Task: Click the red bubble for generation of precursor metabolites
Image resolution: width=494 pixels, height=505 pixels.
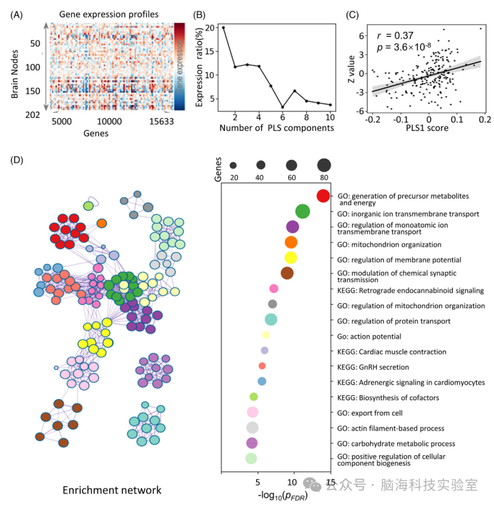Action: pyautogui.click(x=323, y=196)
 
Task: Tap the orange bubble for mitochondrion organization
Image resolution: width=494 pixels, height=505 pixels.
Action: pyautogui.click(x=291, y=242)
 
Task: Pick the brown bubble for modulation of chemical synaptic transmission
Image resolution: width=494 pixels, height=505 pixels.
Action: pyautogui.click(x=287, y=273)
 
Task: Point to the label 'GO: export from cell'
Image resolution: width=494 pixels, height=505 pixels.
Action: pyautogui.click(x=370, y=413)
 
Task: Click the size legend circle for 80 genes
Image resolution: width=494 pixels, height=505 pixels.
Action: pyautogui.click(x=324, y=165)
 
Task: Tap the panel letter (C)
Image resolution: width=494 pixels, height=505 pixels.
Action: pyautogui.click(x=352, y=14)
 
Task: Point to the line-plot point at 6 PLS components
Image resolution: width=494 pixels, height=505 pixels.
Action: pyautogui.click(x=283, y=107)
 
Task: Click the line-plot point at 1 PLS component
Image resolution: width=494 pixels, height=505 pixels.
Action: pyautogui.click(x=223, y=27)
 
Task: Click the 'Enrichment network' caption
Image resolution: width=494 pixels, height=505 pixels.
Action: pyautogui.click(x=112, y=490)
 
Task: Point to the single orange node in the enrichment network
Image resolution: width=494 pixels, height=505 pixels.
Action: pyautogui.click(x=102, y=223)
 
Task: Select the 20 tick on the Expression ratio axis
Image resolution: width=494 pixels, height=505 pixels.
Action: pyautogui.click(x=210, y=27)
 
